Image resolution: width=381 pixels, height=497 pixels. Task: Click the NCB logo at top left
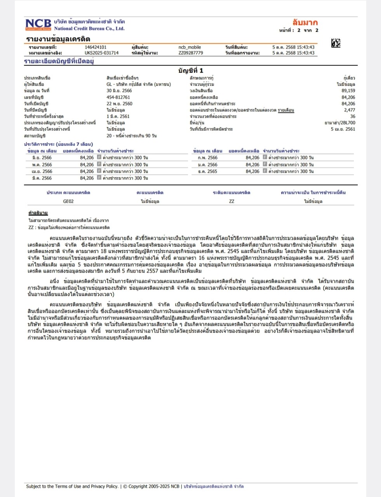coord(38,24)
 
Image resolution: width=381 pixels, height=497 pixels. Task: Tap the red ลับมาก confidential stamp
coord(305,23)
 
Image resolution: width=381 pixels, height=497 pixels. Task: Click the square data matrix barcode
coord(336,43)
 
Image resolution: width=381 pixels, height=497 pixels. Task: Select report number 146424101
coord(96,47)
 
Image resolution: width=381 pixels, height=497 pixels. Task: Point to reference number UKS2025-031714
coord(101,53)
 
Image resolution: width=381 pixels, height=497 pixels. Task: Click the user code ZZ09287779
coord(191,53)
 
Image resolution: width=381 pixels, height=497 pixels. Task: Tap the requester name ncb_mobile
coord(190,47)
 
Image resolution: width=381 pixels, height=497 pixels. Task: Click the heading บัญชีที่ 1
coord(190,71)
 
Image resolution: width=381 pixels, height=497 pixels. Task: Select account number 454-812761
coord(118,97)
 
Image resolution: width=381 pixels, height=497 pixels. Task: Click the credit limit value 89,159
coord(348,91)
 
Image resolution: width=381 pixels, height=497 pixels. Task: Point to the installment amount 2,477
coord(350,110)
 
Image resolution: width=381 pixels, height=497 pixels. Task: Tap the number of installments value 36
coord(352,116)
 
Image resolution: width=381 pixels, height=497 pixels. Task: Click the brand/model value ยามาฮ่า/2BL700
coord(340,123)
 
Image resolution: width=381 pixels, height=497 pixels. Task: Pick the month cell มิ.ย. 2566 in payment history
coord(42,158)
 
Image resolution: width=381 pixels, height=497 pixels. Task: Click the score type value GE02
coord(68,202)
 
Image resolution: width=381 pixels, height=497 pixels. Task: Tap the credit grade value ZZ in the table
coord(231,202)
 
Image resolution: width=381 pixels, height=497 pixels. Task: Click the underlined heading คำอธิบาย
coord(38,213)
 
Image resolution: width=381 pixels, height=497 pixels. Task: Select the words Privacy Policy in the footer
coord(104,486)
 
